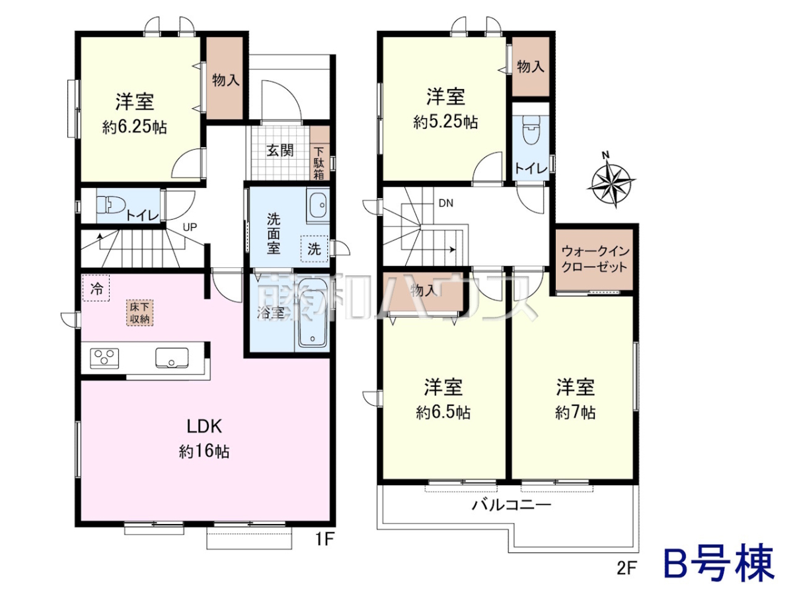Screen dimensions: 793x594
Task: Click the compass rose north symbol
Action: point(610,182)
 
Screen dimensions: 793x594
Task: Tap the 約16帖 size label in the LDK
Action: point(204,451)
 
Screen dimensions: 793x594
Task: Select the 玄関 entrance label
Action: point(280,150)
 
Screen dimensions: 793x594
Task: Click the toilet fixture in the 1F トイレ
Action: point(110,209)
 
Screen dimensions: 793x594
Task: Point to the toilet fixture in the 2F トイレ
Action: point(531,130)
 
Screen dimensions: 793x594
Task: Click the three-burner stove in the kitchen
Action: point(104,358)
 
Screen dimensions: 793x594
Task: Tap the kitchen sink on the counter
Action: point(172,358)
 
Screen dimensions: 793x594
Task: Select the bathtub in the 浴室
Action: point(313,313)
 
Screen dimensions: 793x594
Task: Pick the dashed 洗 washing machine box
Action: point(314,249)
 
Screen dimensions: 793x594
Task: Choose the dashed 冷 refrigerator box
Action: point(96,288)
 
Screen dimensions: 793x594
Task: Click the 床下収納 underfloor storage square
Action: point(139,313)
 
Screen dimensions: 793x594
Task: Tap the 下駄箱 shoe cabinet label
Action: point(319,163)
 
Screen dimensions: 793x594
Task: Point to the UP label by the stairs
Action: point(190,227)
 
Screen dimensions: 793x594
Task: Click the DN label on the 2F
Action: point(446,203)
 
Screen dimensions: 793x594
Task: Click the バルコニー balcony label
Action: point(511,505)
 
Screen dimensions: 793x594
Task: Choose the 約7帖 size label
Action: point(575,413)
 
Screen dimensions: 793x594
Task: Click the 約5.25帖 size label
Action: point(445,122)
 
